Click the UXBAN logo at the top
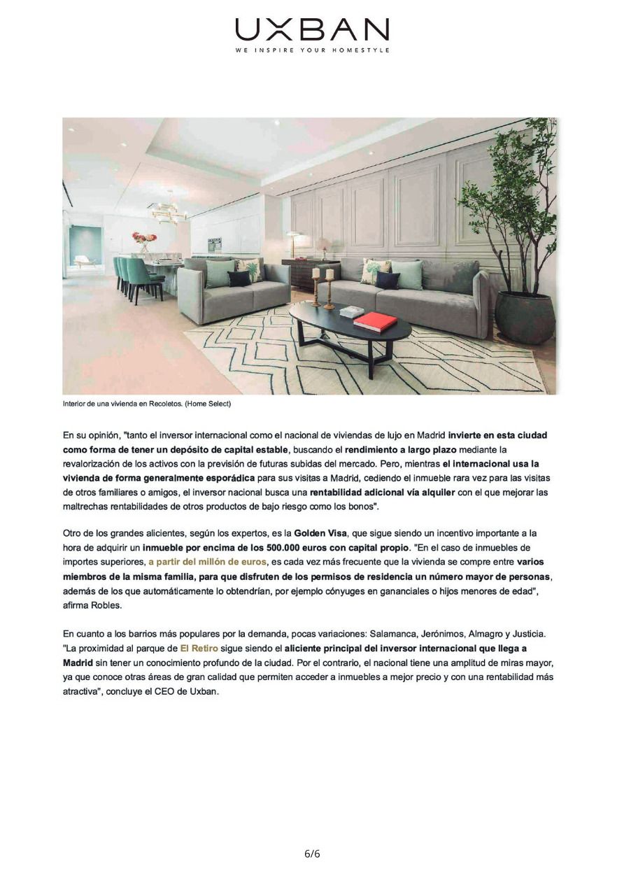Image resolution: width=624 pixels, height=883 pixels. point(312,29)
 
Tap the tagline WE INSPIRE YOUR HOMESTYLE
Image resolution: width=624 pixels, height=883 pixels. point(312,50)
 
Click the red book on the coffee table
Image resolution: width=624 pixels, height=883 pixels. point(375,321)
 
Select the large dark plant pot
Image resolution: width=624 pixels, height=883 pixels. point(524,317)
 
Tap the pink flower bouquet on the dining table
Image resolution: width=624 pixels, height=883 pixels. point(144,239)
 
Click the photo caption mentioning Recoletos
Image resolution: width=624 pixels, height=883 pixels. point(146,404)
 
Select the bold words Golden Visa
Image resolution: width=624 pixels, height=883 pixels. point(319,533)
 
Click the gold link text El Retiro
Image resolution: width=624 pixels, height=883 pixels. point(199,649)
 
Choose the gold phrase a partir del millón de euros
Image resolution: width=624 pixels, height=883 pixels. point(207,562)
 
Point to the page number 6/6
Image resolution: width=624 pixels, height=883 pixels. point(312,854)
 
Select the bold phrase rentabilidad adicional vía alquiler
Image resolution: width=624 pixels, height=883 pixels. point(382,493)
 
